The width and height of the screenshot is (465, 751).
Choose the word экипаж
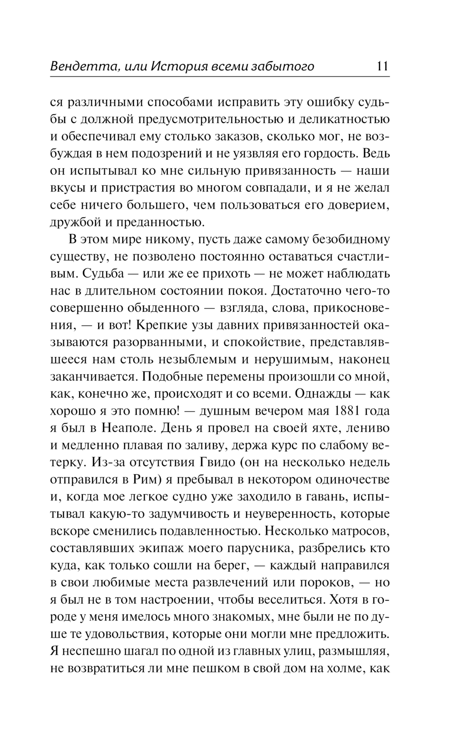[x=162, y=549]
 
